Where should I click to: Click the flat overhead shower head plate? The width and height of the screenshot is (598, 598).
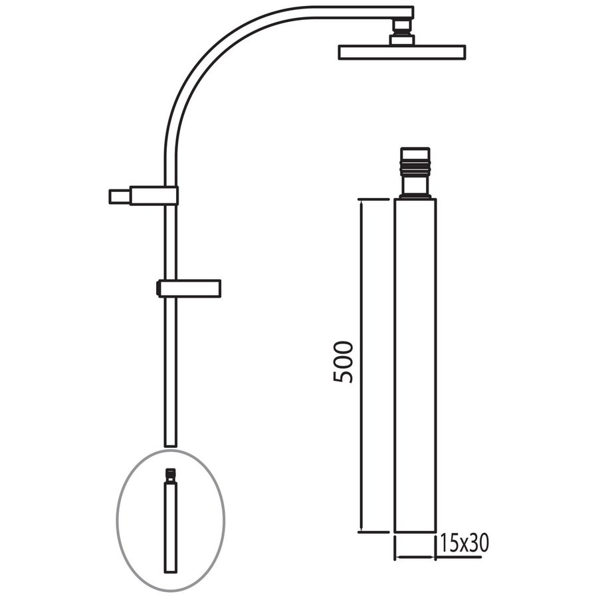pyautogui.click(x=401, y=52)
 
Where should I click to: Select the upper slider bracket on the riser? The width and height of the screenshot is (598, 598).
pyautogui.click(x=154, y=195)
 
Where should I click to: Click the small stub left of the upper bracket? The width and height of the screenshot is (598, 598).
pyautogui.click(x=119, y=197)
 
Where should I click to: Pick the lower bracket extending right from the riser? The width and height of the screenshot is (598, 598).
pyautogui.click(x=189, y=288)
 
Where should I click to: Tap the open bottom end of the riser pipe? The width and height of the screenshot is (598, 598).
pyautogui.click(x=170, y=443)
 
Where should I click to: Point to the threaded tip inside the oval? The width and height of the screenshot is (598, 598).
pyautogui.click(x=171, y=474)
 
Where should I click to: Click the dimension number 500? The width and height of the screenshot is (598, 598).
pyautogui.click(x=344, y=362)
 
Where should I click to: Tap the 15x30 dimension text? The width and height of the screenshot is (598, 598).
pyautogui.click(x=463, y=544)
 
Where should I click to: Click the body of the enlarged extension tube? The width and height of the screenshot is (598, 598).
pyautogui.click(x=415, y=365)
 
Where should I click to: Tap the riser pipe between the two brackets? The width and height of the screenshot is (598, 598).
pyautogui.click(x=171, y=243)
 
